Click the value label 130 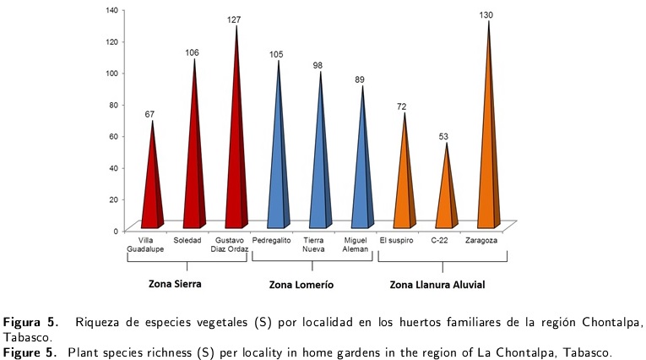coord(488,14)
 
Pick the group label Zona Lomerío coord(301,285)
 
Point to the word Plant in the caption coord(83,351)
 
